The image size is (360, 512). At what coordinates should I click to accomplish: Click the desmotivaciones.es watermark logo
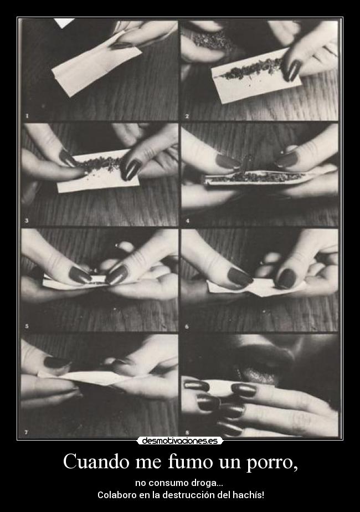pos(180,441)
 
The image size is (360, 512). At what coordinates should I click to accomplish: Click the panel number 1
pos(27,116)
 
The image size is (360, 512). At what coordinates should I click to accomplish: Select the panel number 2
pos(187,116)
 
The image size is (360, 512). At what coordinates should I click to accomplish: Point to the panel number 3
pos(27,221)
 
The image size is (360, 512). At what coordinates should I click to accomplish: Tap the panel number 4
pos(187,221)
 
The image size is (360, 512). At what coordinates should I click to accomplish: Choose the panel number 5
pos(27,326)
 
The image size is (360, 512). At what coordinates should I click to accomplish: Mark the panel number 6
pos(187,326)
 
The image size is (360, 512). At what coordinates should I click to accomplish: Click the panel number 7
pos(27,432)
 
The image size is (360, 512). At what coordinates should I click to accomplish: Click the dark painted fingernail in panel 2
pos(291,70)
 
